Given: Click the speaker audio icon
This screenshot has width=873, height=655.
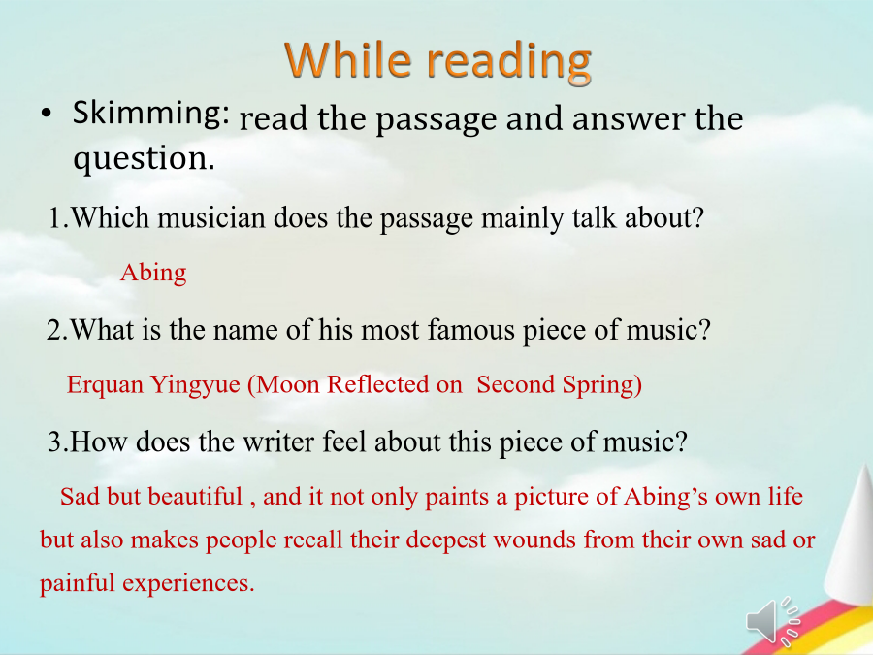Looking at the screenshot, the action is click(773, 621).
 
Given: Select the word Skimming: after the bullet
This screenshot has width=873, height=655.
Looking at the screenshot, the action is click(151, 113).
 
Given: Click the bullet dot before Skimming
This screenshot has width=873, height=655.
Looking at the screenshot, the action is click(46, 114).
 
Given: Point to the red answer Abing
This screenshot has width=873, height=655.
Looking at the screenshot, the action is click(153, 273).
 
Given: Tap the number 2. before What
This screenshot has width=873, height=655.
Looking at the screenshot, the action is click(57, 330).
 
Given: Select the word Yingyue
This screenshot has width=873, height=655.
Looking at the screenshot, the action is click(195, 385).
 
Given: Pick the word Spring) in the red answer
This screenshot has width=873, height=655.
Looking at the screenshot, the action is click(601, 385).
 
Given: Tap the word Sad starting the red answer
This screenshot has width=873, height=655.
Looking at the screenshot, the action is click(81, 496).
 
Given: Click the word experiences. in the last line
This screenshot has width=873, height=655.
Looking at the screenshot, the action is click(189, 584).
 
